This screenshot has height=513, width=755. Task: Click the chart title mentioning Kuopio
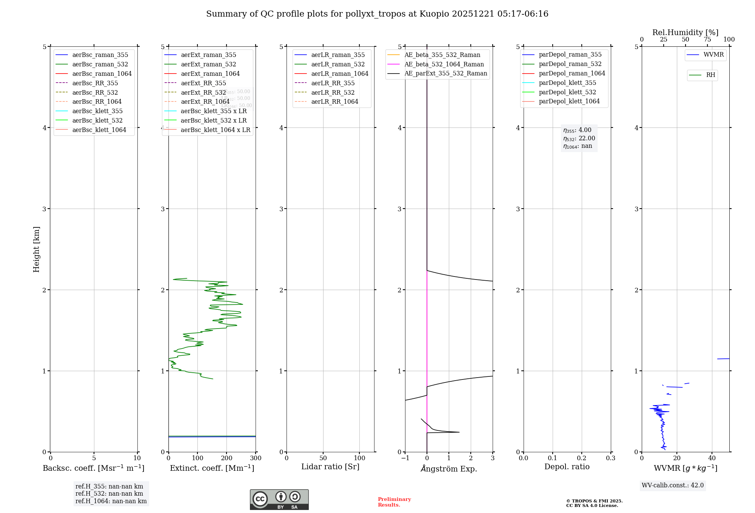[377, 14]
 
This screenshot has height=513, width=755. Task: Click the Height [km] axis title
[36, 249]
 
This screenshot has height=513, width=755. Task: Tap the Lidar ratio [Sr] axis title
[330, 467]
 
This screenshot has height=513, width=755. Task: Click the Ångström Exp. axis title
[449, 468]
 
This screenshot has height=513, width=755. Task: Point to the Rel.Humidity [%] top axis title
[685, 32]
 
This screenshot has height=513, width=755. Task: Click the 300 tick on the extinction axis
[256, 458]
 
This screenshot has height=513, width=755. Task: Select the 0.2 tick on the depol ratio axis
[582, 458]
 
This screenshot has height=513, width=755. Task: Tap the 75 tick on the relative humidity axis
[707, 40]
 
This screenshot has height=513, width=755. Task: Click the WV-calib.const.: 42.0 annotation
[673, 485]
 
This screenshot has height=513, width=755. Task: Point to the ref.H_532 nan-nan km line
[109, 493]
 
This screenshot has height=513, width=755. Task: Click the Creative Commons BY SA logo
[279, 500]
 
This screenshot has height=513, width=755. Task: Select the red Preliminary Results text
[394, 502]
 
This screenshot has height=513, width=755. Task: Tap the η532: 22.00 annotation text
[579, 138]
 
